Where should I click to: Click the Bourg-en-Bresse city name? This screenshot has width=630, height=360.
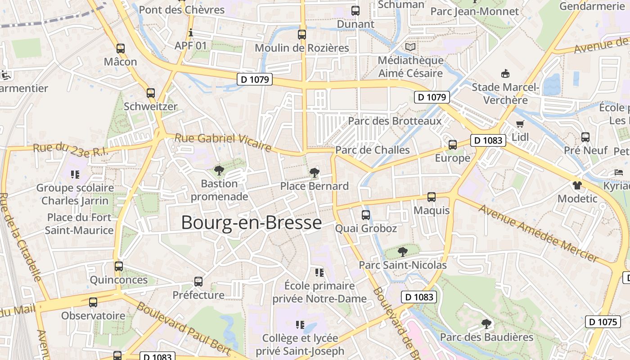point(252,223)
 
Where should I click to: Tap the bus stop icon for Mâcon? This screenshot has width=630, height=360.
point(120,49)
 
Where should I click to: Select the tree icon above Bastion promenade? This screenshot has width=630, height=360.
point(219,170)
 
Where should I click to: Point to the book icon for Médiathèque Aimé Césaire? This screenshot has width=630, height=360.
point(410,47)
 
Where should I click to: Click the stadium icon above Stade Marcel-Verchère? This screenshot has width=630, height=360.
point(505,73)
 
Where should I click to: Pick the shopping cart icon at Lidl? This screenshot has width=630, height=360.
point(520,124)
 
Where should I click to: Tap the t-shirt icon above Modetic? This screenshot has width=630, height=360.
point(577,185)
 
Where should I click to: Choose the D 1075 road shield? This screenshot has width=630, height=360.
point(603,322)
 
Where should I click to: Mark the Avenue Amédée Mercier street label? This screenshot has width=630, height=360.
point(538,233)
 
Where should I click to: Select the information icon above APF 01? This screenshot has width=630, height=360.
point(191,33)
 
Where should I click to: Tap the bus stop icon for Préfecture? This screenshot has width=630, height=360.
point(198,282)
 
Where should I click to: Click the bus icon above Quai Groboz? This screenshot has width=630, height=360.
point(366,215)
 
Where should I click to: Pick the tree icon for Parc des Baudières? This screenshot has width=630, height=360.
point(486,324)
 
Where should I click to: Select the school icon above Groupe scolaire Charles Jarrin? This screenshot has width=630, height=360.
point(75,174)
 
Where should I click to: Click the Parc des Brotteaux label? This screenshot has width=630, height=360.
point(395,121)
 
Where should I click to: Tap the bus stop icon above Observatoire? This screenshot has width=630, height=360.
point(93,302)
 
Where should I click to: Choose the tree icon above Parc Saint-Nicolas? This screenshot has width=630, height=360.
point(402,252)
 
